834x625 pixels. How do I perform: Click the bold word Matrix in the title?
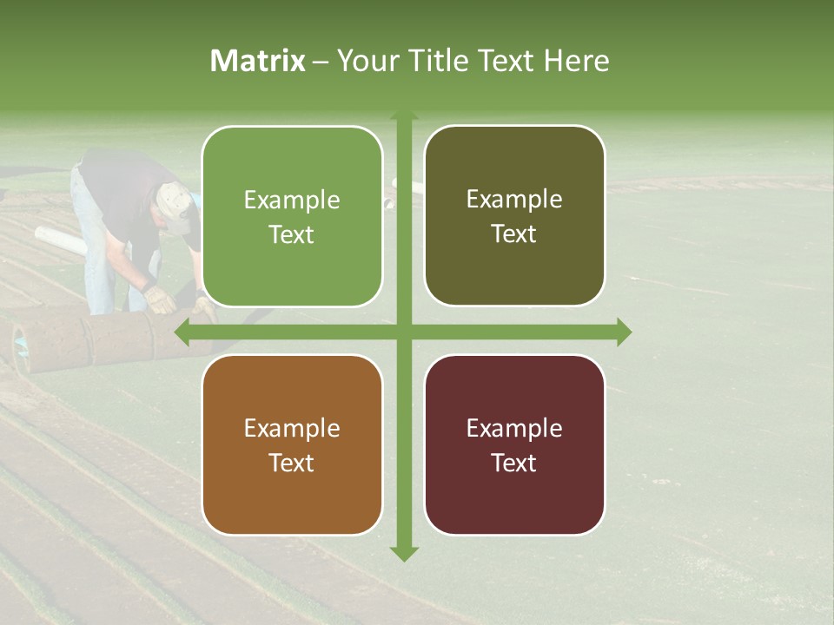(x=258, y=61)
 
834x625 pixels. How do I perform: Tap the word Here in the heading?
(x=576, y=61)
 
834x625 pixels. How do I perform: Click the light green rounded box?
(x=292, y=217)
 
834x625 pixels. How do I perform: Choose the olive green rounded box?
(x=514, y=216)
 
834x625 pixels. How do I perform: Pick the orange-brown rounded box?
(x=292, y=444)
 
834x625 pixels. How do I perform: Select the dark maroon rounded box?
(x=514, y=444)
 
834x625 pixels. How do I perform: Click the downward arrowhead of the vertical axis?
(x=403, y=553)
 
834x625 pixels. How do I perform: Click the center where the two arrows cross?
(x=403, y=332)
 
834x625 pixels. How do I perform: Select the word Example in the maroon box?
(x=514, y=428)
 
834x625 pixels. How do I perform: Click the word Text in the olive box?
(x=514, y=234)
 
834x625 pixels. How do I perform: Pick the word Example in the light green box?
(x=292, y=201)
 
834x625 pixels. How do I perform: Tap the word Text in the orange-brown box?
(x=292, y=463)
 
